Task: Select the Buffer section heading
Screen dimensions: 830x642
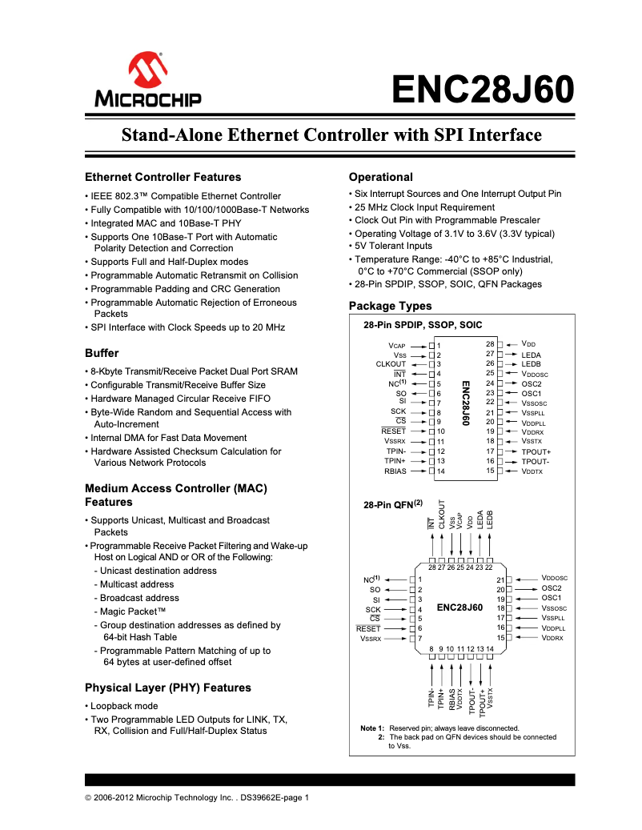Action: coord(102,353)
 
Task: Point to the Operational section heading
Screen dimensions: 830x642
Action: coord(381,177)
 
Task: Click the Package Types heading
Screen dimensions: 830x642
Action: coord(390,306)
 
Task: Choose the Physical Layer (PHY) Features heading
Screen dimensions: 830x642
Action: coord(167,688)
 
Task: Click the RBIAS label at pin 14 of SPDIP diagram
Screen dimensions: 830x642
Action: coord(395,471)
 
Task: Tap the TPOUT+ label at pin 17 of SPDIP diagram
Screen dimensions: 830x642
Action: coord(536,452)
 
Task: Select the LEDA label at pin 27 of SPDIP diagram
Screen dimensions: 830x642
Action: coord(531,355)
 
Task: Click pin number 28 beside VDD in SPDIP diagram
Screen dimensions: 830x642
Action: coord(490,344)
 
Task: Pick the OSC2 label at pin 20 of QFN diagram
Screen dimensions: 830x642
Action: coord(552,588)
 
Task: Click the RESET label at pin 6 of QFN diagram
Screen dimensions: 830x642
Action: coord(368,629)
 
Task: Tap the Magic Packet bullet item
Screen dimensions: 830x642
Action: coord(132,611)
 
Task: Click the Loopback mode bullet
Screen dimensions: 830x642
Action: coord(124,706)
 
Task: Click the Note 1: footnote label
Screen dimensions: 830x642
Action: coord(372,728)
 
